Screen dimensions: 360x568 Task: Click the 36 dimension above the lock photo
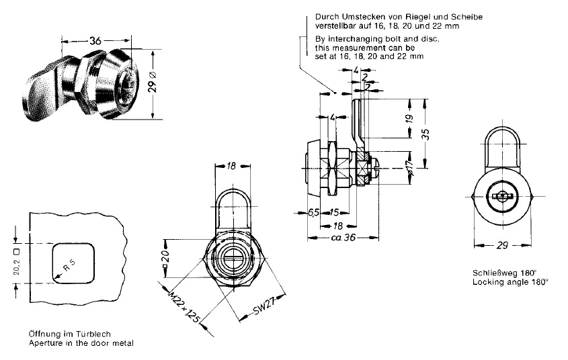click(x=95, y=41)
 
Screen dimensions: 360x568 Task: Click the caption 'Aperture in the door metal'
click(x=81, y=343)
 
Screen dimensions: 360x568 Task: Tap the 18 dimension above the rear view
click(x=231, y=165)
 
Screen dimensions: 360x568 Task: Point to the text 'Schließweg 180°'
click(x=505, y=273)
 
